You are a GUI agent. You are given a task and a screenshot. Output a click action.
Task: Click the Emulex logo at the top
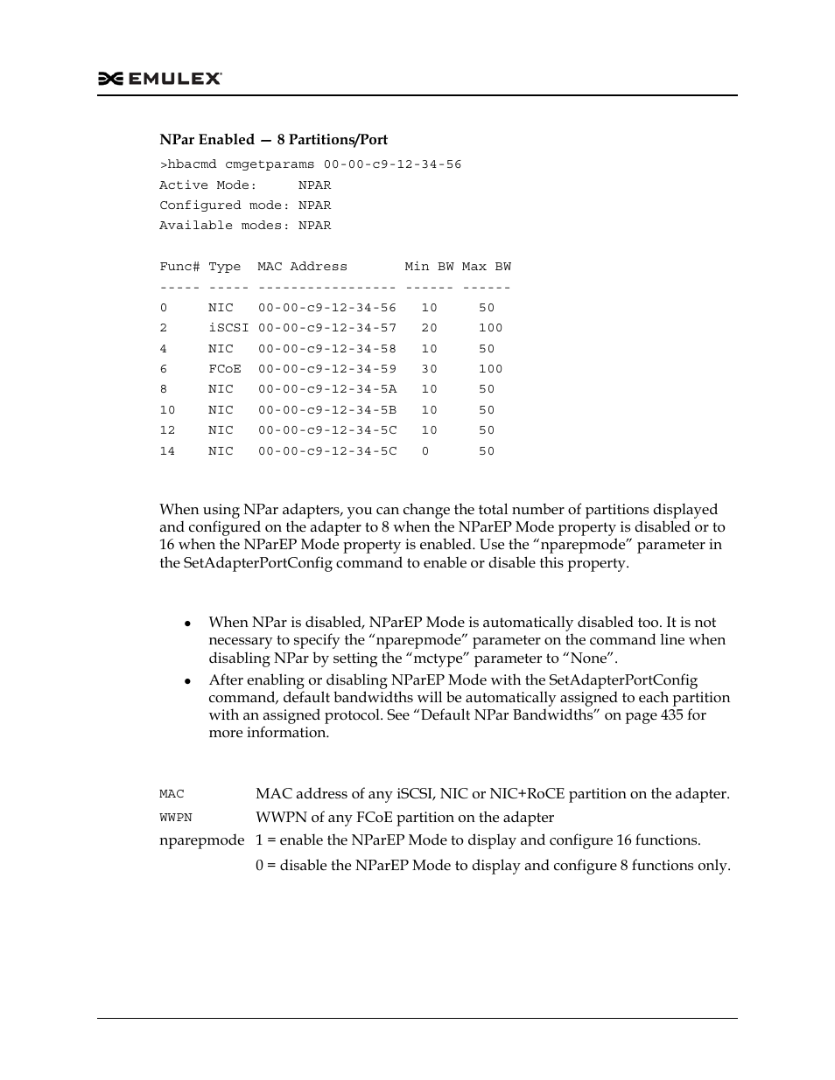tap(159, 79)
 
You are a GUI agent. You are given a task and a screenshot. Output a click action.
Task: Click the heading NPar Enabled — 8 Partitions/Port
tap(273, 140)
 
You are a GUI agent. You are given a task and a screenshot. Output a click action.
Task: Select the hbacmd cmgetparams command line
tap(310, 164)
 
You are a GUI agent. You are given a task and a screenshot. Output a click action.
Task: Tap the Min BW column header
tap(429, 267)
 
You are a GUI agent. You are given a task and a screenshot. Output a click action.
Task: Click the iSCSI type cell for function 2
tap(228, 328)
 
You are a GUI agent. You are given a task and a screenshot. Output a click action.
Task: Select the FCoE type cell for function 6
tap(225, 369)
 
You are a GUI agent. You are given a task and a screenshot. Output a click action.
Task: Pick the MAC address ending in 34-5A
tap(326, 389)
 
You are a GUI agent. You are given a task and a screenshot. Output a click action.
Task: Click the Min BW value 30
tap(429, 369)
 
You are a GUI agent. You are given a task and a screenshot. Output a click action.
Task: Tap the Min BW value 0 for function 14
tap(425, 451)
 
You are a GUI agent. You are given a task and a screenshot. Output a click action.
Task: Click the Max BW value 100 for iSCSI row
tap(491, 328)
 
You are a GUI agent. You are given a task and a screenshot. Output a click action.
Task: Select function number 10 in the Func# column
tap(167, 410)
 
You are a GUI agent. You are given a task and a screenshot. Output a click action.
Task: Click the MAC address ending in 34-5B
tap(326, 410)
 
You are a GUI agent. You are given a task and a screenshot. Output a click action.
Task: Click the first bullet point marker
tap(187, 624)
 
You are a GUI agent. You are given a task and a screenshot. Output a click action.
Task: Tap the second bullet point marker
tap(187, 681)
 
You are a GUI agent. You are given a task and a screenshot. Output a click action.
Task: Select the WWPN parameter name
tap(175, 818)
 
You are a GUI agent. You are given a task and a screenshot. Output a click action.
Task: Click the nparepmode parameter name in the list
tap(201, 840)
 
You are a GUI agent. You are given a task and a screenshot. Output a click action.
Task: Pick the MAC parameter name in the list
tap(172, 794)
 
